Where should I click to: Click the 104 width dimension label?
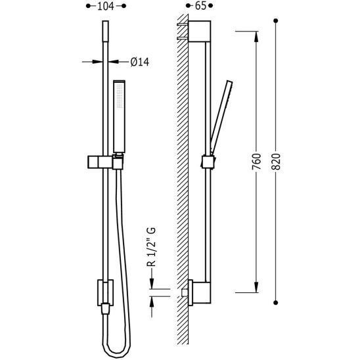[106, 6]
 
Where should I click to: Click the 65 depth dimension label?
[200, 6]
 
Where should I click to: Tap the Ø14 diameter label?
[140, 62]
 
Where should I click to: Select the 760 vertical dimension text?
[256, 162]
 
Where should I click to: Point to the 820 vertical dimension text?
[276, 162]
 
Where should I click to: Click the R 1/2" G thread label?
[151, 247]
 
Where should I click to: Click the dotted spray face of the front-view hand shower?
[120, 96]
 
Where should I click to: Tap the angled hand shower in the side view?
[221, 117]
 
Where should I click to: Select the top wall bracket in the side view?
[200, 32]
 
